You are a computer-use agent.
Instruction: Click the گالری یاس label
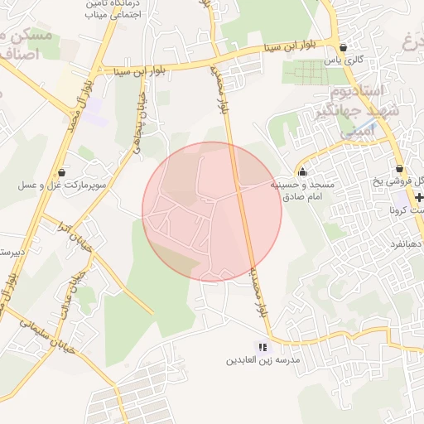(344, 60)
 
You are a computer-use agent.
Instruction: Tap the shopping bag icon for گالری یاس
(343, 47)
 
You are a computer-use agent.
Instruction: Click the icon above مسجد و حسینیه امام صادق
(302, 171)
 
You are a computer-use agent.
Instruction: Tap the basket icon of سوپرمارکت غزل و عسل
(63, 171)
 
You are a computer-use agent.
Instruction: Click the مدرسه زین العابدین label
(263, 361)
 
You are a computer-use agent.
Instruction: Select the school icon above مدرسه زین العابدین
(263, 348)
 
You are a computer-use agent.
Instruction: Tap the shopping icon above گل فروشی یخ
(399, 168)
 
